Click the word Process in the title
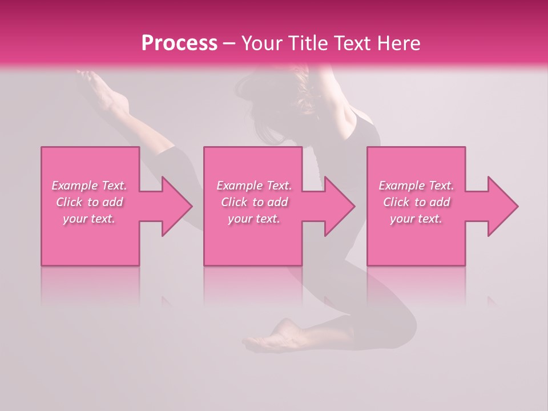pyautogui.click(x=179, y=43)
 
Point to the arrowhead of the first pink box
pyautogui.click(x=175, y=206)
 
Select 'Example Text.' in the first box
pyautogui.click(x=89, y=186)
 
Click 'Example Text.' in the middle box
pyautogui.click(x=254, y=186)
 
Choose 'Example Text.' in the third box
pyautogui.click(x=416, y=186)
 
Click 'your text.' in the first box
pyautogui.click(x=89, y=219)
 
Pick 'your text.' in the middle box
pyautogui.click(x=254, y=219)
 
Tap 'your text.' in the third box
pyautogui.click(x=416, y=219)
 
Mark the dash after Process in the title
pyautogui.click(x=229, y=44)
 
